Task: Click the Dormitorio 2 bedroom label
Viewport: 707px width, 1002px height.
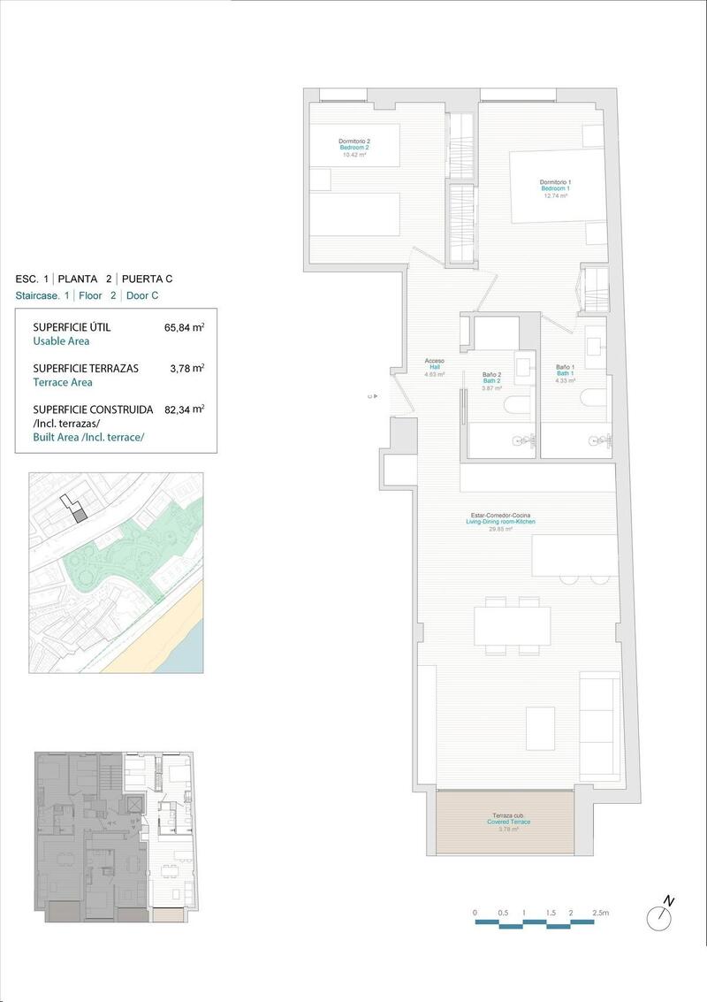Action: click(353, 148)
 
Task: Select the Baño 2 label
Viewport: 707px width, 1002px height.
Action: click(492, 380)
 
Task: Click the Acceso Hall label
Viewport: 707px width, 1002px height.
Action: click(434, 367)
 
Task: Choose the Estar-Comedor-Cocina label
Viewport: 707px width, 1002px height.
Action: click(501, 522)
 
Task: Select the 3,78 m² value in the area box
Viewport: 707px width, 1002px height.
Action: click(186, 368)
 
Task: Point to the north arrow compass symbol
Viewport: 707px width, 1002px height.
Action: click(659, 918)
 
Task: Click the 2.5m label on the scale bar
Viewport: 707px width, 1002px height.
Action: click(600, 912)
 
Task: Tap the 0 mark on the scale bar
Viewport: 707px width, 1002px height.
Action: click(475, 912)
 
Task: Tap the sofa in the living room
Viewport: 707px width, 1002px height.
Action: click(600, 722)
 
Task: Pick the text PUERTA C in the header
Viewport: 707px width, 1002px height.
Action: click(147, 278)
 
